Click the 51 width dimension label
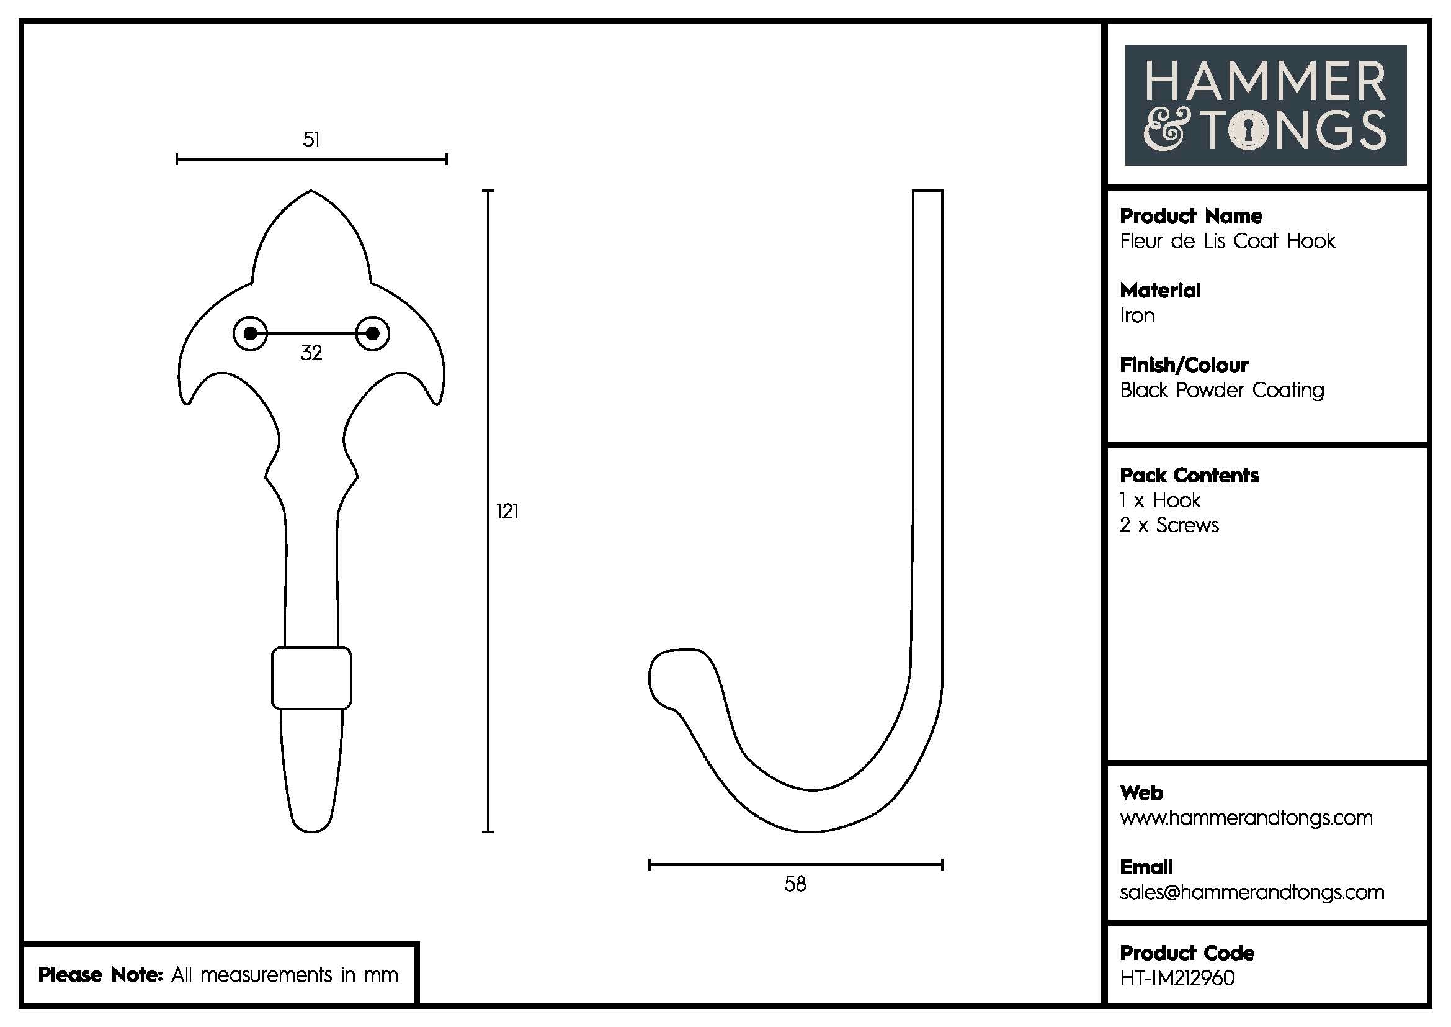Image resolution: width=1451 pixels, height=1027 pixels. click(x=311, y=139)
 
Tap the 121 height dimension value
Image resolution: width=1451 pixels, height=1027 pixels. click(x=507, y=511)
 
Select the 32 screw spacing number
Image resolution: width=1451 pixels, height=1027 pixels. click(x=311, y=353)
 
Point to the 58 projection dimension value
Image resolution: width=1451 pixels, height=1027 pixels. click(x=795, y=884)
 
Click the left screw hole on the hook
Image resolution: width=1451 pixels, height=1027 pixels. click(x=250, y=333)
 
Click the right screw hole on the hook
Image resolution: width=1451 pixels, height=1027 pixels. click(x=372, y=333)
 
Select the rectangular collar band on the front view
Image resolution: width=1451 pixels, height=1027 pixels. click(x=311, y=678)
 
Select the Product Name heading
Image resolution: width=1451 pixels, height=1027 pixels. click(x=1190, y=216)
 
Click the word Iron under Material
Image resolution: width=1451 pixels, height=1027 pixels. click(x=1137, y=315)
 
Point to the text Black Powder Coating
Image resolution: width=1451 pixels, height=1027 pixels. click(x=1221, y=390)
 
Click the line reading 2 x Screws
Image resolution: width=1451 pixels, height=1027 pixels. click(x=1169, y=525)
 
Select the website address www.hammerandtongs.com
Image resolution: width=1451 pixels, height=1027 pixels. click(x=1246, y=818)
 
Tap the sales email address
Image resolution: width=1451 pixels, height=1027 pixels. click(x=1252, y=892)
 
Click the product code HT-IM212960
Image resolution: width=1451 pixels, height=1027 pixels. click(x=1177, y=978)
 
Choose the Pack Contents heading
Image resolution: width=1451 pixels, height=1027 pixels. click(x=1189, y=476)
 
